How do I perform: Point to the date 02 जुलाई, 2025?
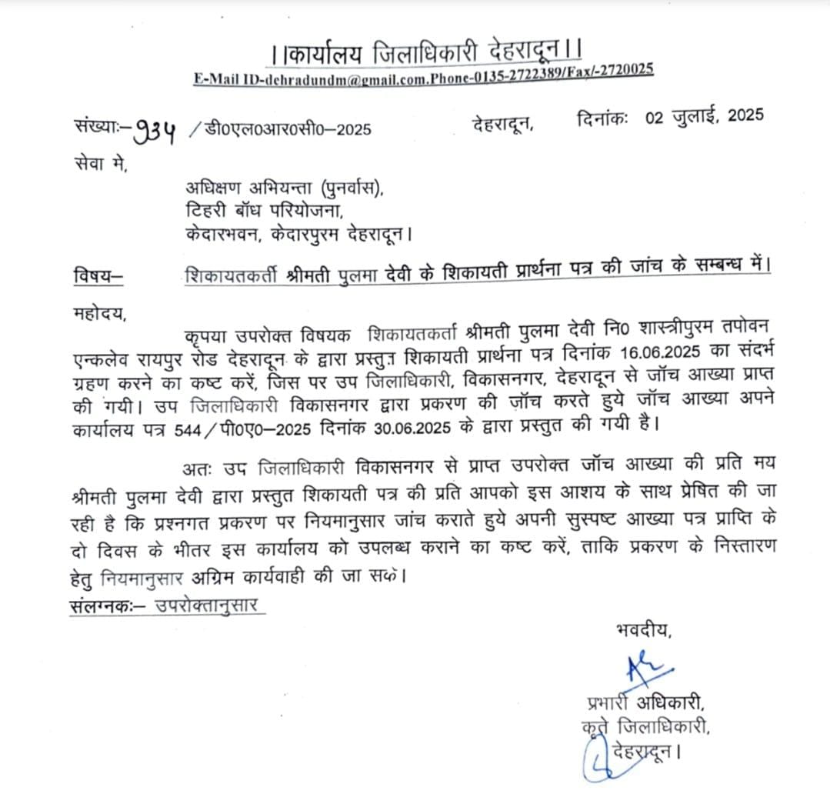[704, 117]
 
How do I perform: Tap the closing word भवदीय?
[643, 633]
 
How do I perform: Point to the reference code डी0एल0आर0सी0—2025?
[288, 128]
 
